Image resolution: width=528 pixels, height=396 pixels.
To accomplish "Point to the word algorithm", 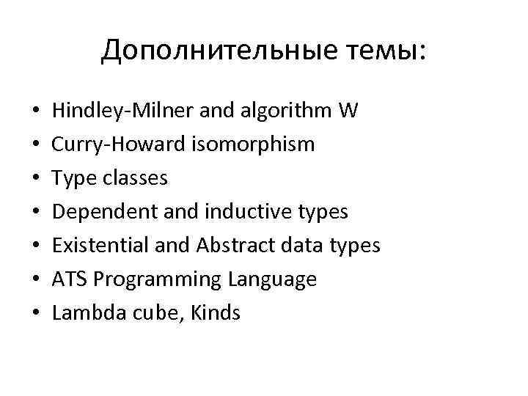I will tap(286, 111).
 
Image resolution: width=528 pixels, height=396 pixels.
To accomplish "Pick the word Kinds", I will tap(216, 313).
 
